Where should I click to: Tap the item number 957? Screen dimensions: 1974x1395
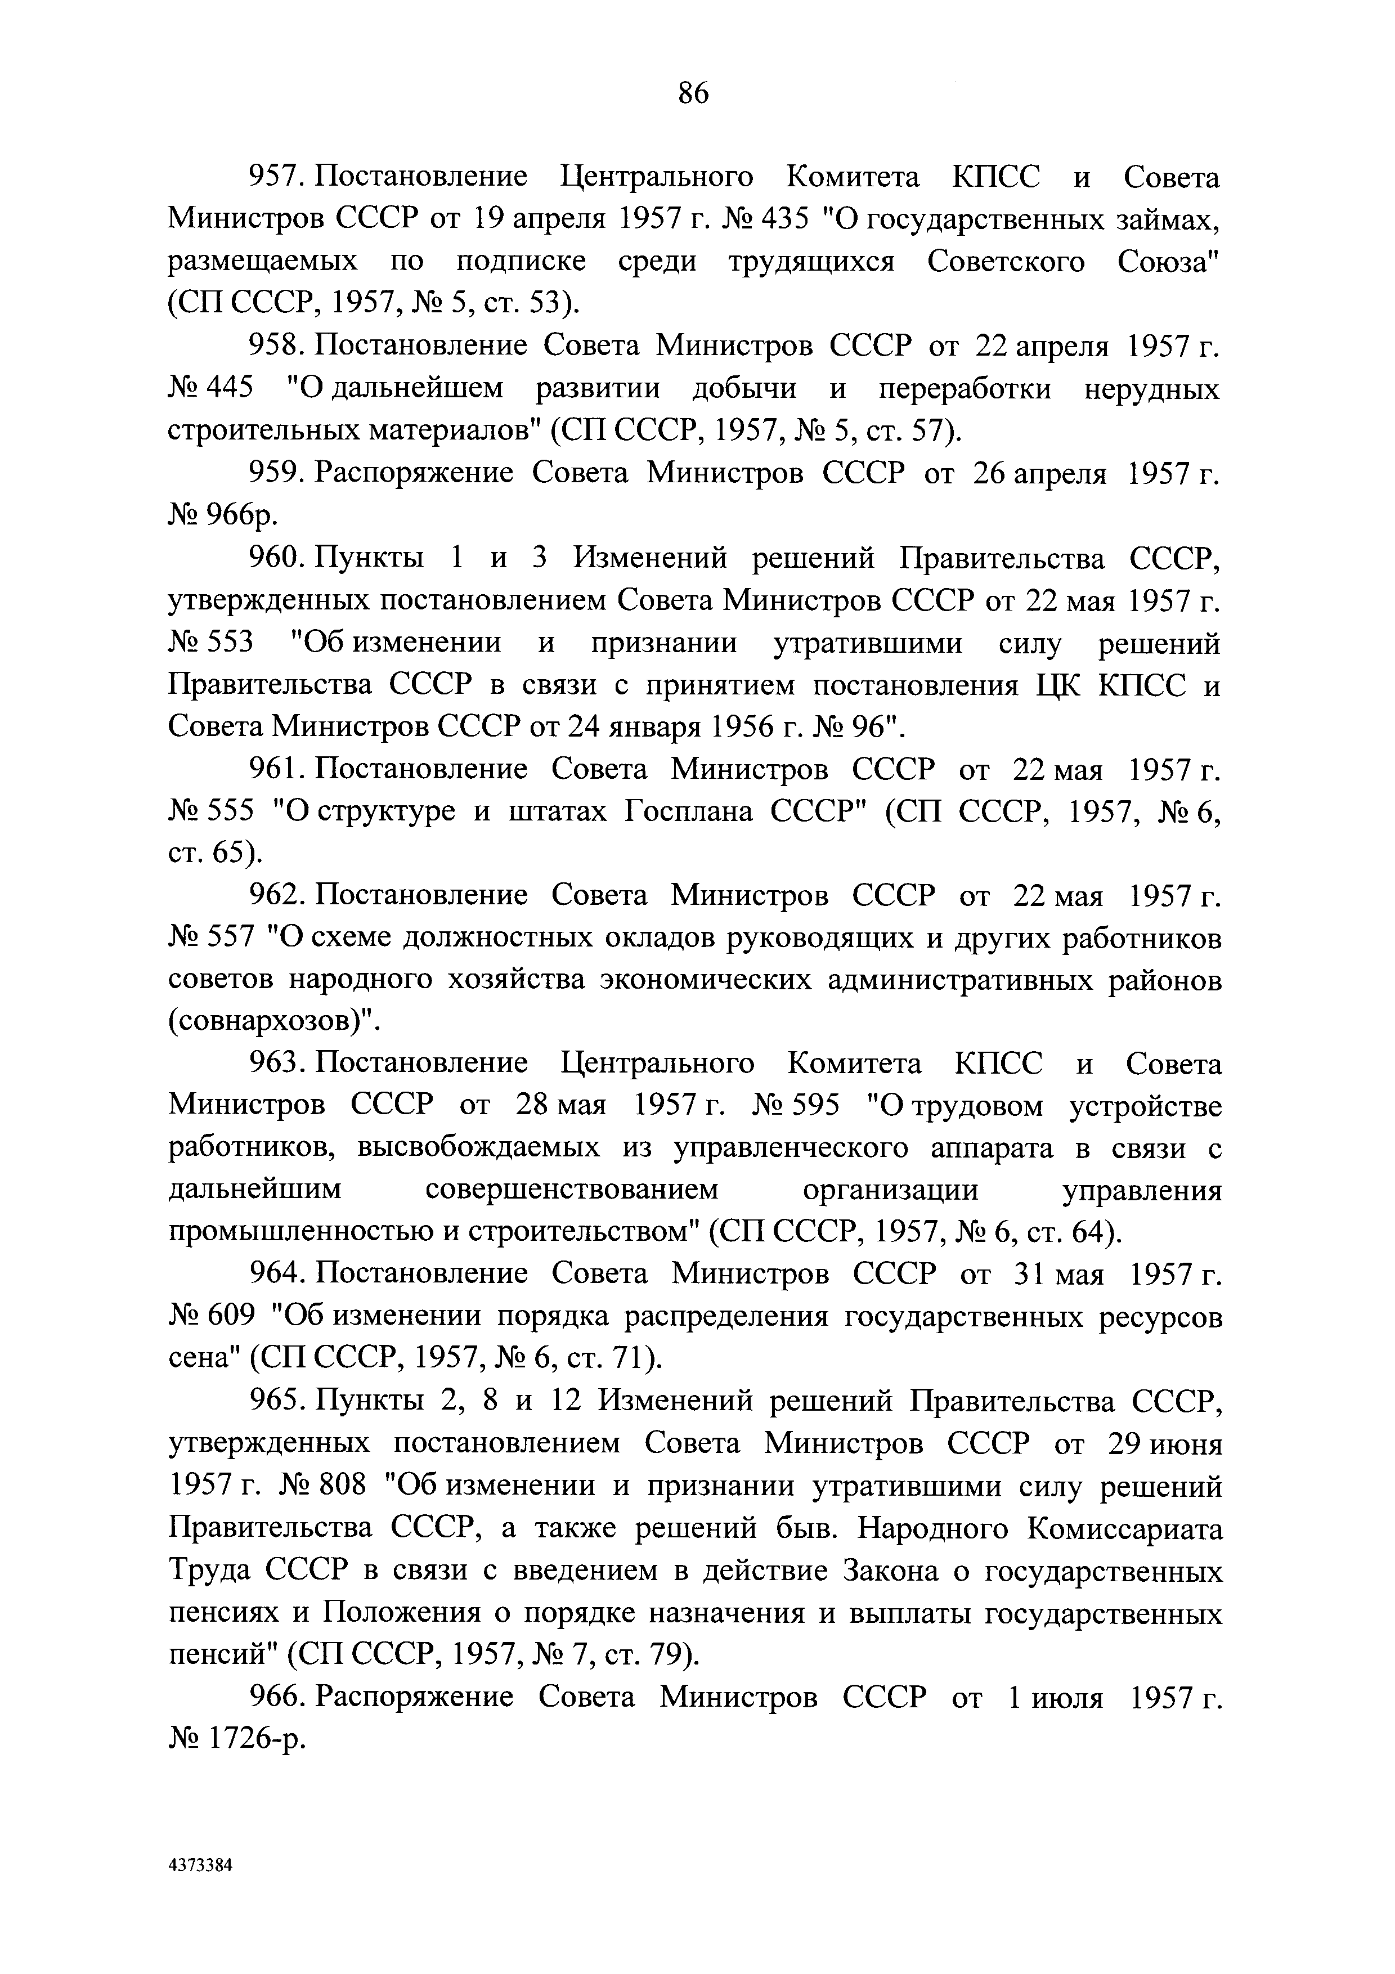click(x=272, y=178)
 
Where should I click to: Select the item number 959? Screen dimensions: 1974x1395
click(x=272, y=474)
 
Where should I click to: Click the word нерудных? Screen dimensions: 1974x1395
click(x=1151, y=389)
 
